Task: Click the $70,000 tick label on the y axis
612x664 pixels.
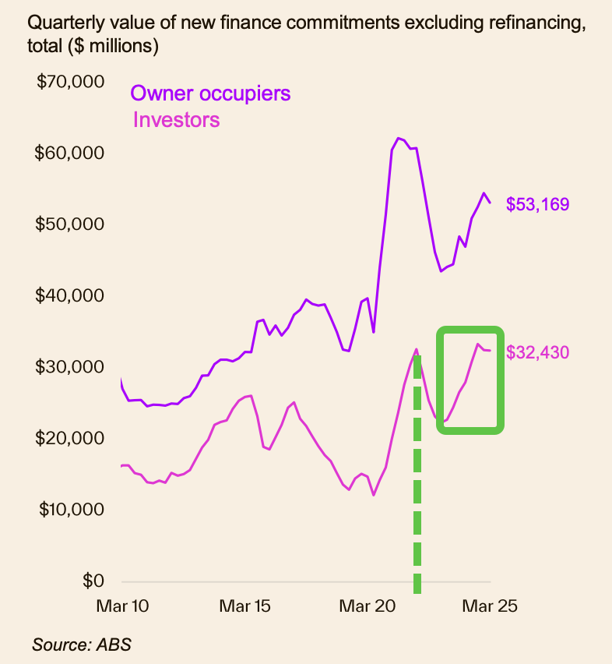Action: (x=71, y=81)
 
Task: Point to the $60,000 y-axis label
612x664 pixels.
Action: (x=71, y=152)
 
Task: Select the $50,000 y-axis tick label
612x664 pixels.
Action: (x=71, y=224)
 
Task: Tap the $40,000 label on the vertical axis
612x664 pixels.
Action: (x=71, y=295)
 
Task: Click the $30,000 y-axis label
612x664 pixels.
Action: (x=71, y=366)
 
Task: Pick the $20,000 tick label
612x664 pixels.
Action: (x=71, y=438)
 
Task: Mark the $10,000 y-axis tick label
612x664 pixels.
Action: (x=71, y=510)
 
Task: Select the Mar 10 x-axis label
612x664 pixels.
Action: (x=122, y=606)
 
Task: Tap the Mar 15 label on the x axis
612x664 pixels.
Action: (x=244, y=606)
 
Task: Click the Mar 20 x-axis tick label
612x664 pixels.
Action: (x=368, y=606)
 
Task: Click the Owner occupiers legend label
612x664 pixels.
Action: (x=210, y=94)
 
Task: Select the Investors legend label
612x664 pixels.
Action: (x=177, y=120)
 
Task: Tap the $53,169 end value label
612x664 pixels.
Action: (x=537, y=205)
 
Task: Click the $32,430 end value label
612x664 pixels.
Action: (x=537, y=352)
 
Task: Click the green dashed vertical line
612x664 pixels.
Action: (x=417, y=483)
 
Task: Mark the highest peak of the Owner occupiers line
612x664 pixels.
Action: (x=399, y=138)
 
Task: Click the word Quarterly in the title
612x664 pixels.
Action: (x=61, y=25)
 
